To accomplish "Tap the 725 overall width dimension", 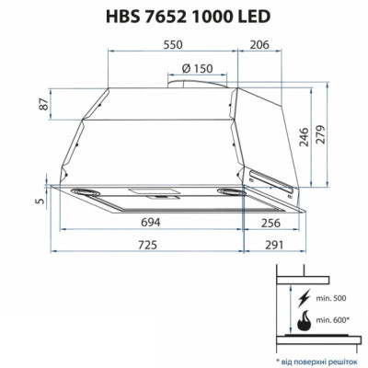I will coord(145,247).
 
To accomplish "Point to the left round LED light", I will coord(88,192).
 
